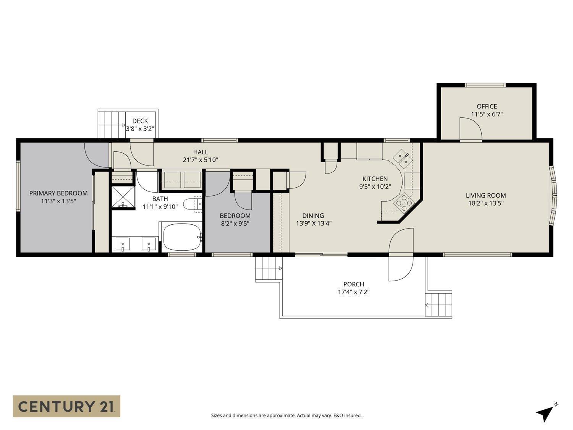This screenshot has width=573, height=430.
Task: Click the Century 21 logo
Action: (66, 406)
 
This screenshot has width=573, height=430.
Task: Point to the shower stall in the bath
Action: (123, 197)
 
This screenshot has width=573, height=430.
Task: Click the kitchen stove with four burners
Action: (403, 202)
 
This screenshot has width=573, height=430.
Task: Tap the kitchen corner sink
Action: (403, 158)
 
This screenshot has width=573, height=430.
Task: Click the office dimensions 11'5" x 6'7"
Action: (487, 114)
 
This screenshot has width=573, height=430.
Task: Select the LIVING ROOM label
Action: (486, 195)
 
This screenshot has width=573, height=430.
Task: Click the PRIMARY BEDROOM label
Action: (58, 193)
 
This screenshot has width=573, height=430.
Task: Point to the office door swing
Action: (470, 129)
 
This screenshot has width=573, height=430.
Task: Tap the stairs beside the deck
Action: (112, 123)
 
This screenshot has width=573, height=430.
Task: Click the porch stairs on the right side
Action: (439, 304)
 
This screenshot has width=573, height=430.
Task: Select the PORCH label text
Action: (353, 284)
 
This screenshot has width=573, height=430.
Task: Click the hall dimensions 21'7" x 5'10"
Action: (201, 160)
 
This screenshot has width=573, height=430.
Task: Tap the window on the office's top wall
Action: (485, 85)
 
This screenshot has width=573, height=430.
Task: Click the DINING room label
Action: (313, 216)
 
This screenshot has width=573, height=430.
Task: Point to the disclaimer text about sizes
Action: (286, 415)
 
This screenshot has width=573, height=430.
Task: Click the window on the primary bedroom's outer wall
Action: (18, 195)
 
